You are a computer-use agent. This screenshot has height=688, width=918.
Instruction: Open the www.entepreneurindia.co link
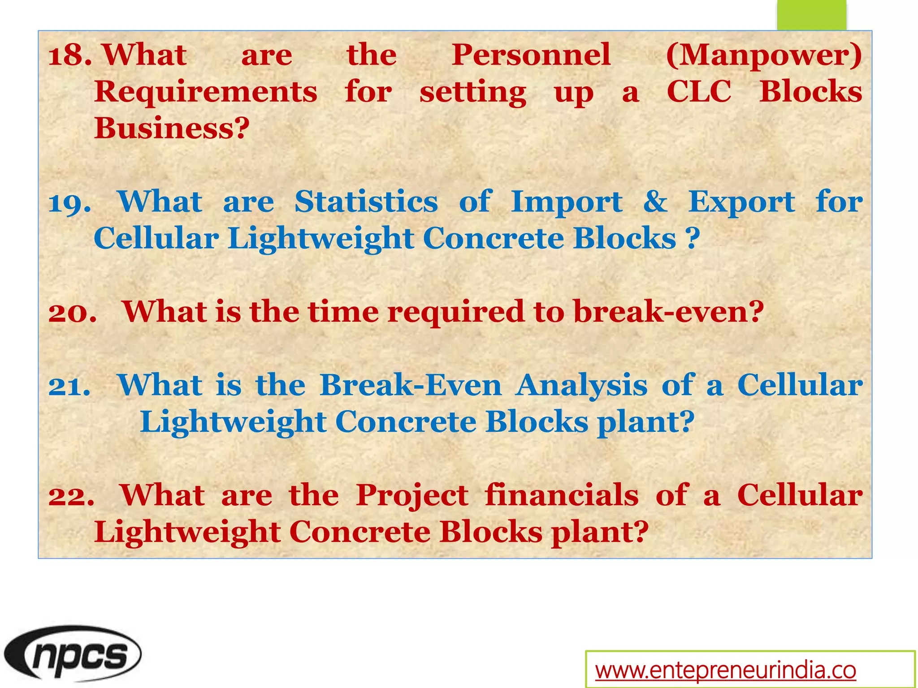pyautogui.click(x=725, y=670)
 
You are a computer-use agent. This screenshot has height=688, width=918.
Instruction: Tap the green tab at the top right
pyautogui.click(x=811, y=15)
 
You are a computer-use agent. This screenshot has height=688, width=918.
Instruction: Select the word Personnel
pyautogui.click(x=531, y=56)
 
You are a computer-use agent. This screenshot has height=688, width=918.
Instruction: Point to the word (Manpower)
pyautogui.click(x=764, y=56)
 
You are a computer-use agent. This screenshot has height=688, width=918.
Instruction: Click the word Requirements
pyautogui.click(x=206, y=92)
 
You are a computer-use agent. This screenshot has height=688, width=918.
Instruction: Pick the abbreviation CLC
pyautogui.click(x=699, y=92)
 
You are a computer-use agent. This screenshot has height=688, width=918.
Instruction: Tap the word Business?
pyautogui.click(x=172, y=129)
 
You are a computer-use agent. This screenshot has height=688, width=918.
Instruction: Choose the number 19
pyautogui.click(x=69, y=203)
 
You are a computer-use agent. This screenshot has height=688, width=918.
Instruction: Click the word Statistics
pyautogui.click(x=366, y=202)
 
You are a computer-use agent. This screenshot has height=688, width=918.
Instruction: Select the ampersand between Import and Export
pyautogui.click(x=655, y=202)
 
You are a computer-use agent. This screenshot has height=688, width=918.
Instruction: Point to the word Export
pyautogui.click(x=741, y=203)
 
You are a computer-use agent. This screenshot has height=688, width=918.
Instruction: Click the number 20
pyautogui.click(x=72, y=312)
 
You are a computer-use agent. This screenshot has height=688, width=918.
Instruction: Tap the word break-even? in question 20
pyautogui.click(x=668, y=312)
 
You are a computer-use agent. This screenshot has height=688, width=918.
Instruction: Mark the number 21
pyautogui.click(x=69, y=386)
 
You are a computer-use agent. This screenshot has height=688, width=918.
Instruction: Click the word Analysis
pyautogui.click(x=581, y=386)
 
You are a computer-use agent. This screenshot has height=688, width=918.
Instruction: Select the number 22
pyautogui.click(x=71, y=496)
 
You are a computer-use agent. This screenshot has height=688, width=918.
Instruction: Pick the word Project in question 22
pyautogui.click(x=412, y=496)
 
